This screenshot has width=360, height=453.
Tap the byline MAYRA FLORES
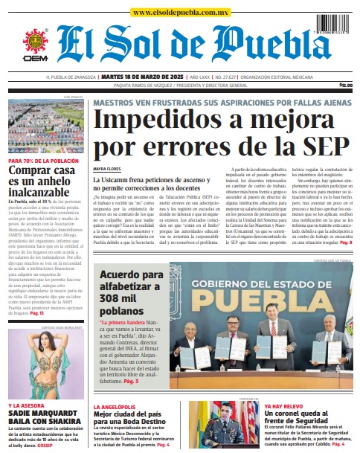(x=106, y=170)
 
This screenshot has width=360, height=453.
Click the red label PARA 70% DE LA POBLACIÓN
(x=43, y=161)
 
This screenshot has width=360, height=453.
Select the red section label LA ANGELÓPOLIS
(x=115, y=407)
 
